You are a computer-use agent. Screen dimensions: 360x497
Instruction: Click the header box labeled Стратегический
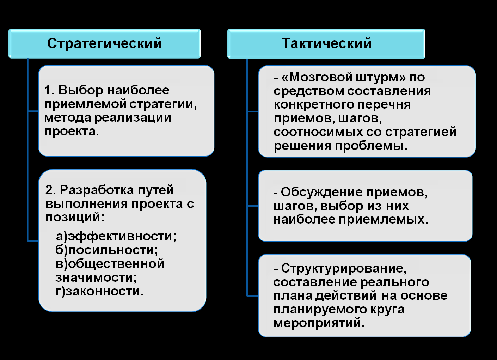point(105,43)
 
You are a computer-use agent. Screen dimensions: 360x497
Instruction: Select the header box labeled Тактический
point(326,43)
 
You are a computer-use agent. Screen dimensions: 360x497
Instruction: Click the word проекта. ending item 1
point(72,132)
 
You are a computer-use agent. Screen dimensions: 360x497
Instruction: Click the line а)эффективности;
point(116,236)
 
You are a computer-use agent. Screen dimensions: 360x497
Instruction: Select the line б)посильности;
point(107,250)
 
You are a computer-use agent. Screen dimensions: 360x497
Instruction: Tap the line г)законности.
point(99,291)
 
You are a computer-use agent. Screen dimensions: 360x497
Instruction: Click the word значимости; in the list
point(96,277)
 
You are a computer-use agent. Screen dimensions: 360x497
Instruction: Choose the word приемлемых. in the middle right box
point(384,220)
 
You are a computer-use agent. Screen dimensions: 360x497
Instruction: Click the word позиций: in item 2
point(75,217)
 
